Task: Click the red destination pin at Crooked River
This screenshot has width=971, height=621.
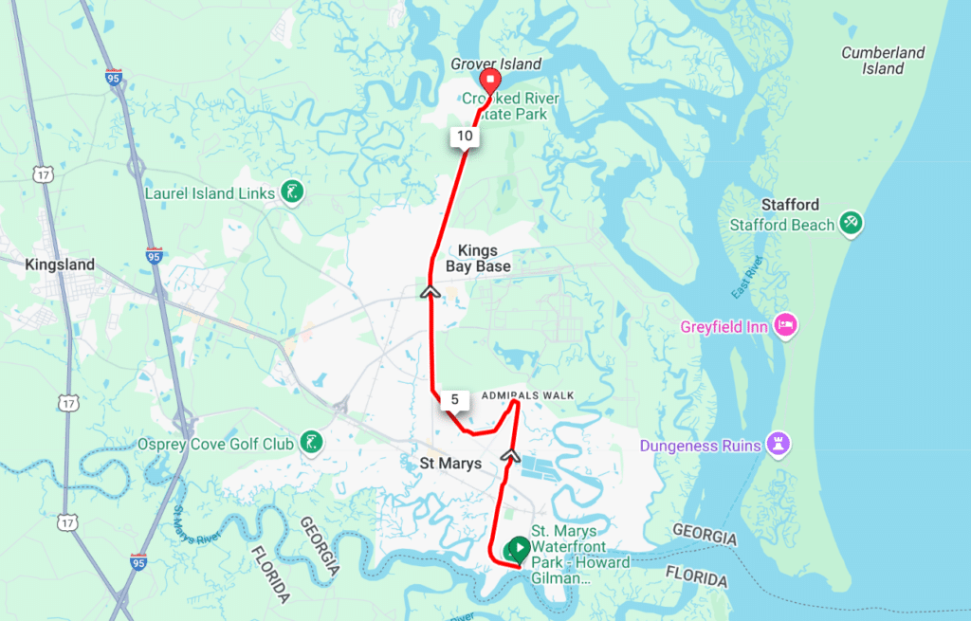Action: (x=490, y=80)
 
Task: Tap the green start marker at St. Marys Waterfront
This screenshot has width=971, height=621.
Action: (x=519, y=548)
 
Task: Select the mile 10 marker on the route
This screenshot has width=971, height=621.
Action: (x=465, y=137)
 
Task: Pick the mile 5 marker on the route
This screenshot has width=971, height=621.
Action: (x=455, y=400)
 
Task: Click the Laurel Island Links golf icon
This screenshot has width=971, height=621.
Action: (x=292, y=193)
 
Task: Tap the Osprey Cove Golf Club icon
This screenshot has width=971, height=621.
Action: (x=310, y=443)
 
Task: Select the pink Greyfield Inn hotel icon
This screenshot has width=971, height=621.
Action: (x=786, y=327)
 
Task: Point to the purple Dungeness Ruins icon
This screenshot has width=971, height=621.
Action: (x=779, y=445)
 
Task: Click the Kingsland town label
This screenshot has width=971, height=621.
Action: (x=60, y=265)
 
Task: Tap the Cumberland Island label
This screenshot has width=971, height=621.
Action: (x=883, y=61)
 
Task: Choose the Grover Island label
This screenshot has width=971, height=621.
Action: (x=495, y=64)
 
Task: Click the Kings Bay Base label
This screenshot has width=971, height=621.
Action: (x=484, y=259)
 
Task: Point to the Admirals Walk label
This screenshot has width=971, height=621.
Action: (x=528, y=394)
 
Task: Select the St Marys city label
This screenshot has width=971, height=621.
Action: (x=450, y=464)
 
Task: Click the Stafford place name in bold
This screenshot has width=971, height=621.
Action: (x=790, y=205)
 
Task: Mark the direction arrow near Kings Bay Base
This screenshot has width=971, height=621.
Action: (x=431, y=292)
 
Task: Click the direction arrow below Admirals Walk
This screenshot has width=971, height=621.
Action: (x=510, y=455)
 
